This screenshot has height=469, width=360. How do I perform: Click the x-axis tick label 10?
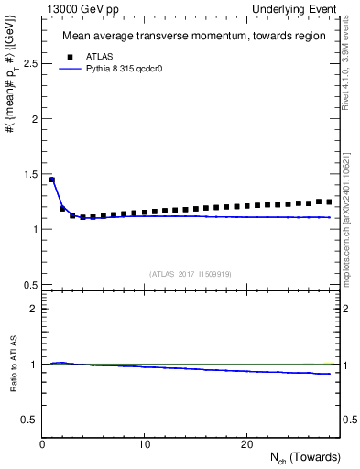tap(145, 443)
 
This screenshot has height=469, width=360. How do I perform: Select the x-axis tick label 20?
tap(246, 443)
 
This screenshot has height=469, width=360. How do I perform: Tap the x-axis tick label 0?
tap(42, 443)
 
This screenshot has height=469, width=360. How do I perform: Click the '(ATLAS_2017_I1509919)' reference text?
tap(190, 274)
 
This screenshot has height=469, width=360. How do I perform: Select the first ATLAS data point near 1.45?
tap(52, 180)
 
